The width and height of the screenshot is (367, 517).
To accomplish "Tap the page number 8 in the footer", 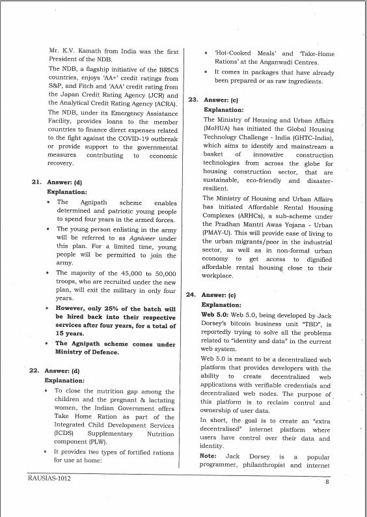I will point(327,482).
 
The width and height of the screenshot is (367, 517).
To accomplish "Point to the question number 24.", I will point(191,294).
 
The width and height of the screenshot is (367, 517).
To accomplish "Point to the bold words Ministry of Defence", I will point(87,352).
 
